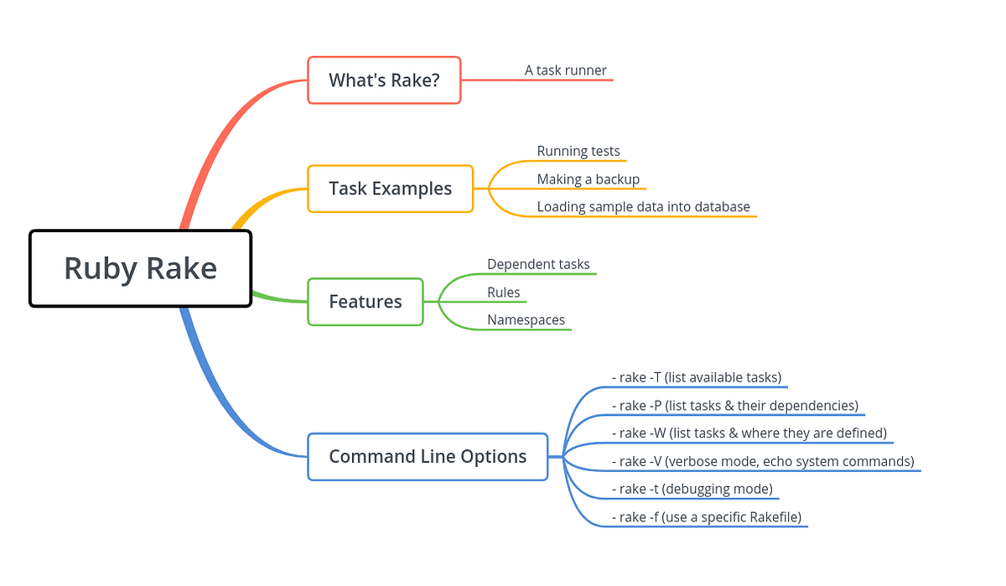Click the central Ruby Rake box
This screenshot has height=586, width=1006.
tap(140, 268)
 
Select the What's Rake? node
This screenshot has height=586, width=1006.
tap(384, 80)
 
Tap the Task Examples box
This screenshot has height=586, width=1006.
tap(390, 189)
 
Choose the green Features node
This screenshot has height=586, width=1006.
tap(366, 302)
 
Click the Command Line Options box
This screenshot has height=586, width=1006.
tap(428, 457)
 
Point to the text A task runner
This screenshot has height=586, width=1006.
tap(565, 70)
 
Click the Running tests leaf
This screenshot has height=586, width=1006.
tap(578, 152)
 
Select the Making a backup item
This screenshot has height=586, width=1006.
tap(588, 179)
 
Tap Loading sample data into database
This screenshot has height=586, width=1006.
tap(643, 207)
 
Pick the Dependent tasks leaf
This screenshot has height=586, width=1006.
tap(538, 264)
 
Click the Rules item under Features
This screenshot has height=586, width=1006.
tap(503, 293)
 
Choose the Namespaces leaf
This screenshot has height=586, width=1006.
tap(526, 320)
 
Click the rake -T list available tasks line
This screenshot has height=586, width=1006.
tap(697, 378)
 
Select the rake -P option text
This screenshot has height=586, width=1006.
tap(735, 406)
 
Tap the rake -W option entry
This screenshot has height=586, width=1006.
tap(749, 433)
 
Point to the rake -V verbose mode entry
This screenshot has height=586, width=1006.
tap(763, 461)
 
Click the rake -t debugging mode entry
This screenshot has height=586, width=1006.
tap(692, 490)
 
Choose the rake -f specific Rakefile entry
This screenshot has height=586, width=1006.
tap(707, 517)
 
